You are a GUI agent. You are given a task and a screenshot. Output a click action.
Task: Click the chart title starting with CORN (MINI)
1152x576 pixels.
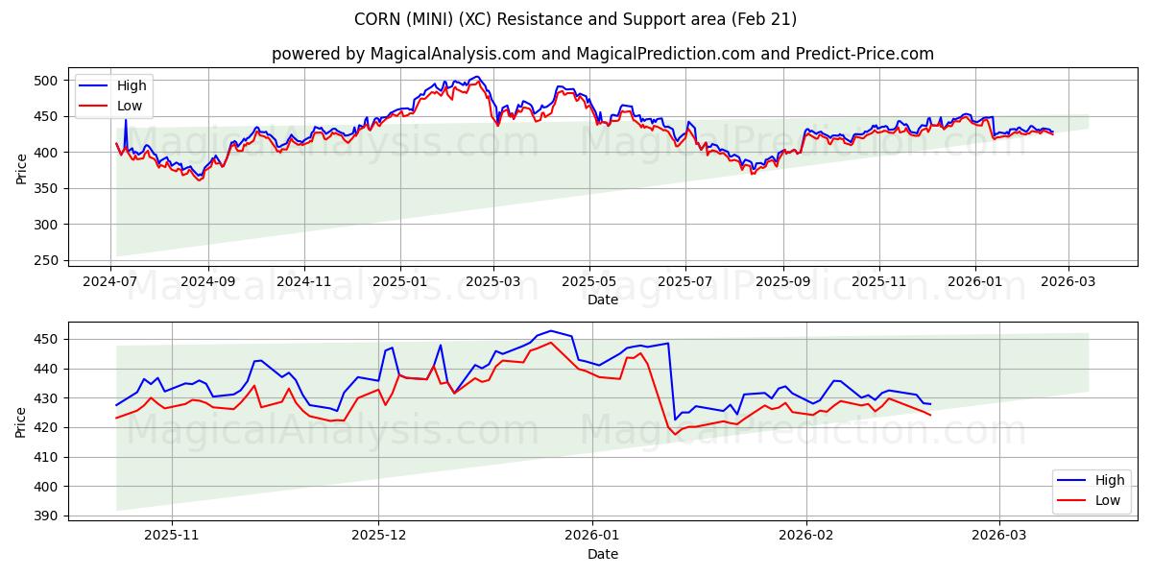576,19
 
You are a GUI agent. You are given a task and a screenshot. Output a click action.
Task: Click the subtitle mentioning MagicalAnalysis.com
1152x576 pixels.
602,54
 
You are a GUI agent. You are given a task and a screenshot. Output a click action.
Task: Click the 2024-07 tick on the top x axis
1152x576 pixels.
110,281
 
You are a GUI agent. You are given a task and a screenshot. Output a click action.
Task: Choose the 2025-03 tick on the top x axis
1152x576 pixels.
493,281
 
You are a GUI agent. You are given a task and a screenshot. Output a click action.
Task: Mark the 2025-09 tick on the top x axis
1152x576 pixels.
782,281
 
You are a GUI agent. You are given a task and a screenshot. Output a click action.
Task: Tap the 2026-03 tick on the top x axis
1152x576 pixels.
1068,281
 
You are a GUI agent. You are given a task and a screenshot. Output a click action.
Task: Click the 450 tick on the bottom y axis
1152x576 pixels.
47,340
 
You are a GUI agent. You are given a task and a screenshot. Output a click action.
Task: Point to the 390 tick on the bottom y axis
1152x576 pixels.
47,516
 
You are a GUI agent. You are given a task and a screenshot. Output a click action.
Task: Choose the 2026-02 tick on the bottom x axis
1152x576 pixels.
806,536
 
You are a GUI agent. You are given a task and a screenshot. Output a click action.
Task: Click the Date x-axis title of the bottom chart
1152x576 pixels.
602,554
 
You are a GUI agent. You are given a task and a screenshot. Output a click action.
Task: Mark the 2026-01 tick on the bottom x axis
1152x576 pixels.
592,536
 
